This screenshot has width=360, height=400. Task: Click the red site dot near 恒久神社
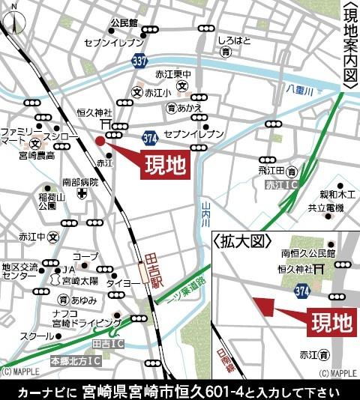tap(100, 140)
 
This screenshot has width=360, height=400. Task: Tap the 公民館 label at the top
tap(124, 23)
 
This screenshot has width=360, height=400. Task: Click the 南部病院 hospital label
tap(80, 181)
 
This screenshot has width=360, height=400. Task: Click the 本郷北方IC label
tap(74, 362)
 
